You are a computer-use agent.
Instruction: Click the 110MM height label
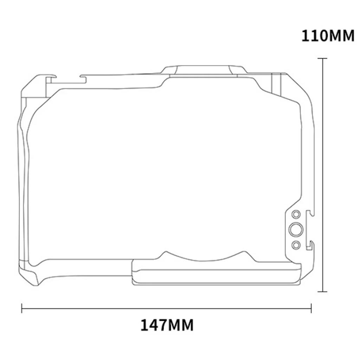328,36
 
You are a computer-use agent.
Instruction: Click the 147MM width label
167,325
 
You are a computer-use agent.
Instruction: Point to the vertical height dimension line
323,175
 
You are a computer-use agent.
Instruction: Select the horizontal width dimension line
166,308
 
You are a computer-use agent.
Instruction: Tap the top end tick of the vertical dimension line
323,58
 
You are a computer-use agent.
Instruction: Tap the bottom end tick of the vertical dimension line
323,291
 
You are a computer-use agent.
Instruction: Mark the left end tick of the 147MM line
22,308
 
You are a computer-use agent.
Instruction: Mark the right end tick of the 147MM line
311,308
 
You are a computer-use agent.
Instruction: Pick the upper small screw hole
296,214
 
